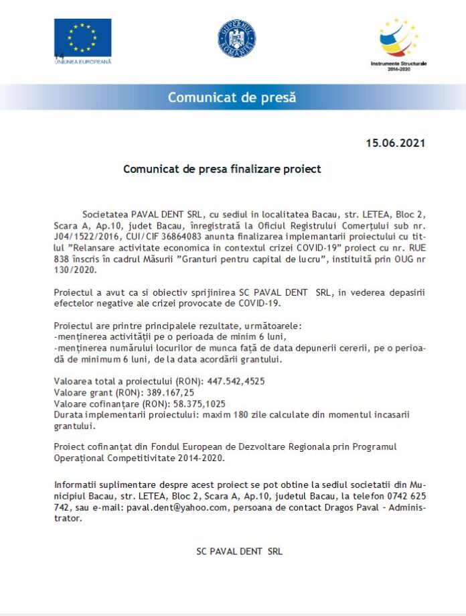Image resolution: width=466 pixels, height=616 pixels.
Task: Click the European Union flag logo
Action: (83, 37)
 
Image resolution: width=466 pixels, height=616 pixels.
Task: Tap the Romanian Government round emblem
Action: (236, 38)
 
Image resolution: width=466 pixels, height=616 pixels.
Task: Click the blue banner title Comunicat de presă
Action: (232, 97)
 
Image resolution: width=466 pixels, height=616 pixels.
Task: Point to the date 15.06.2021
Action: (395, 143)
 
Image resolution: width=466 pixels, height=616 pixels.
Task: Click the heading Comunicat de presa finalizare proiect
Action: (222, 169)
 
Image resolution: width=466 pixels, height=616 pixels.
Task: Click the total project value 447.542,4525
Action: (236, 381)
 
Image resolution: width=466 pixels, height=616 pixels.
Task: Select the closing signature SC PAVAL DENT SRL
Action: (239, 552)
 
